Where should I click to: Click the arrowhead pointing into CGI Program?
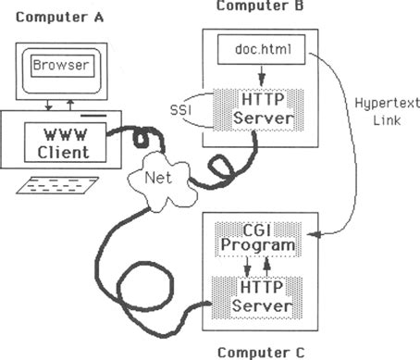(312, 236)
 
